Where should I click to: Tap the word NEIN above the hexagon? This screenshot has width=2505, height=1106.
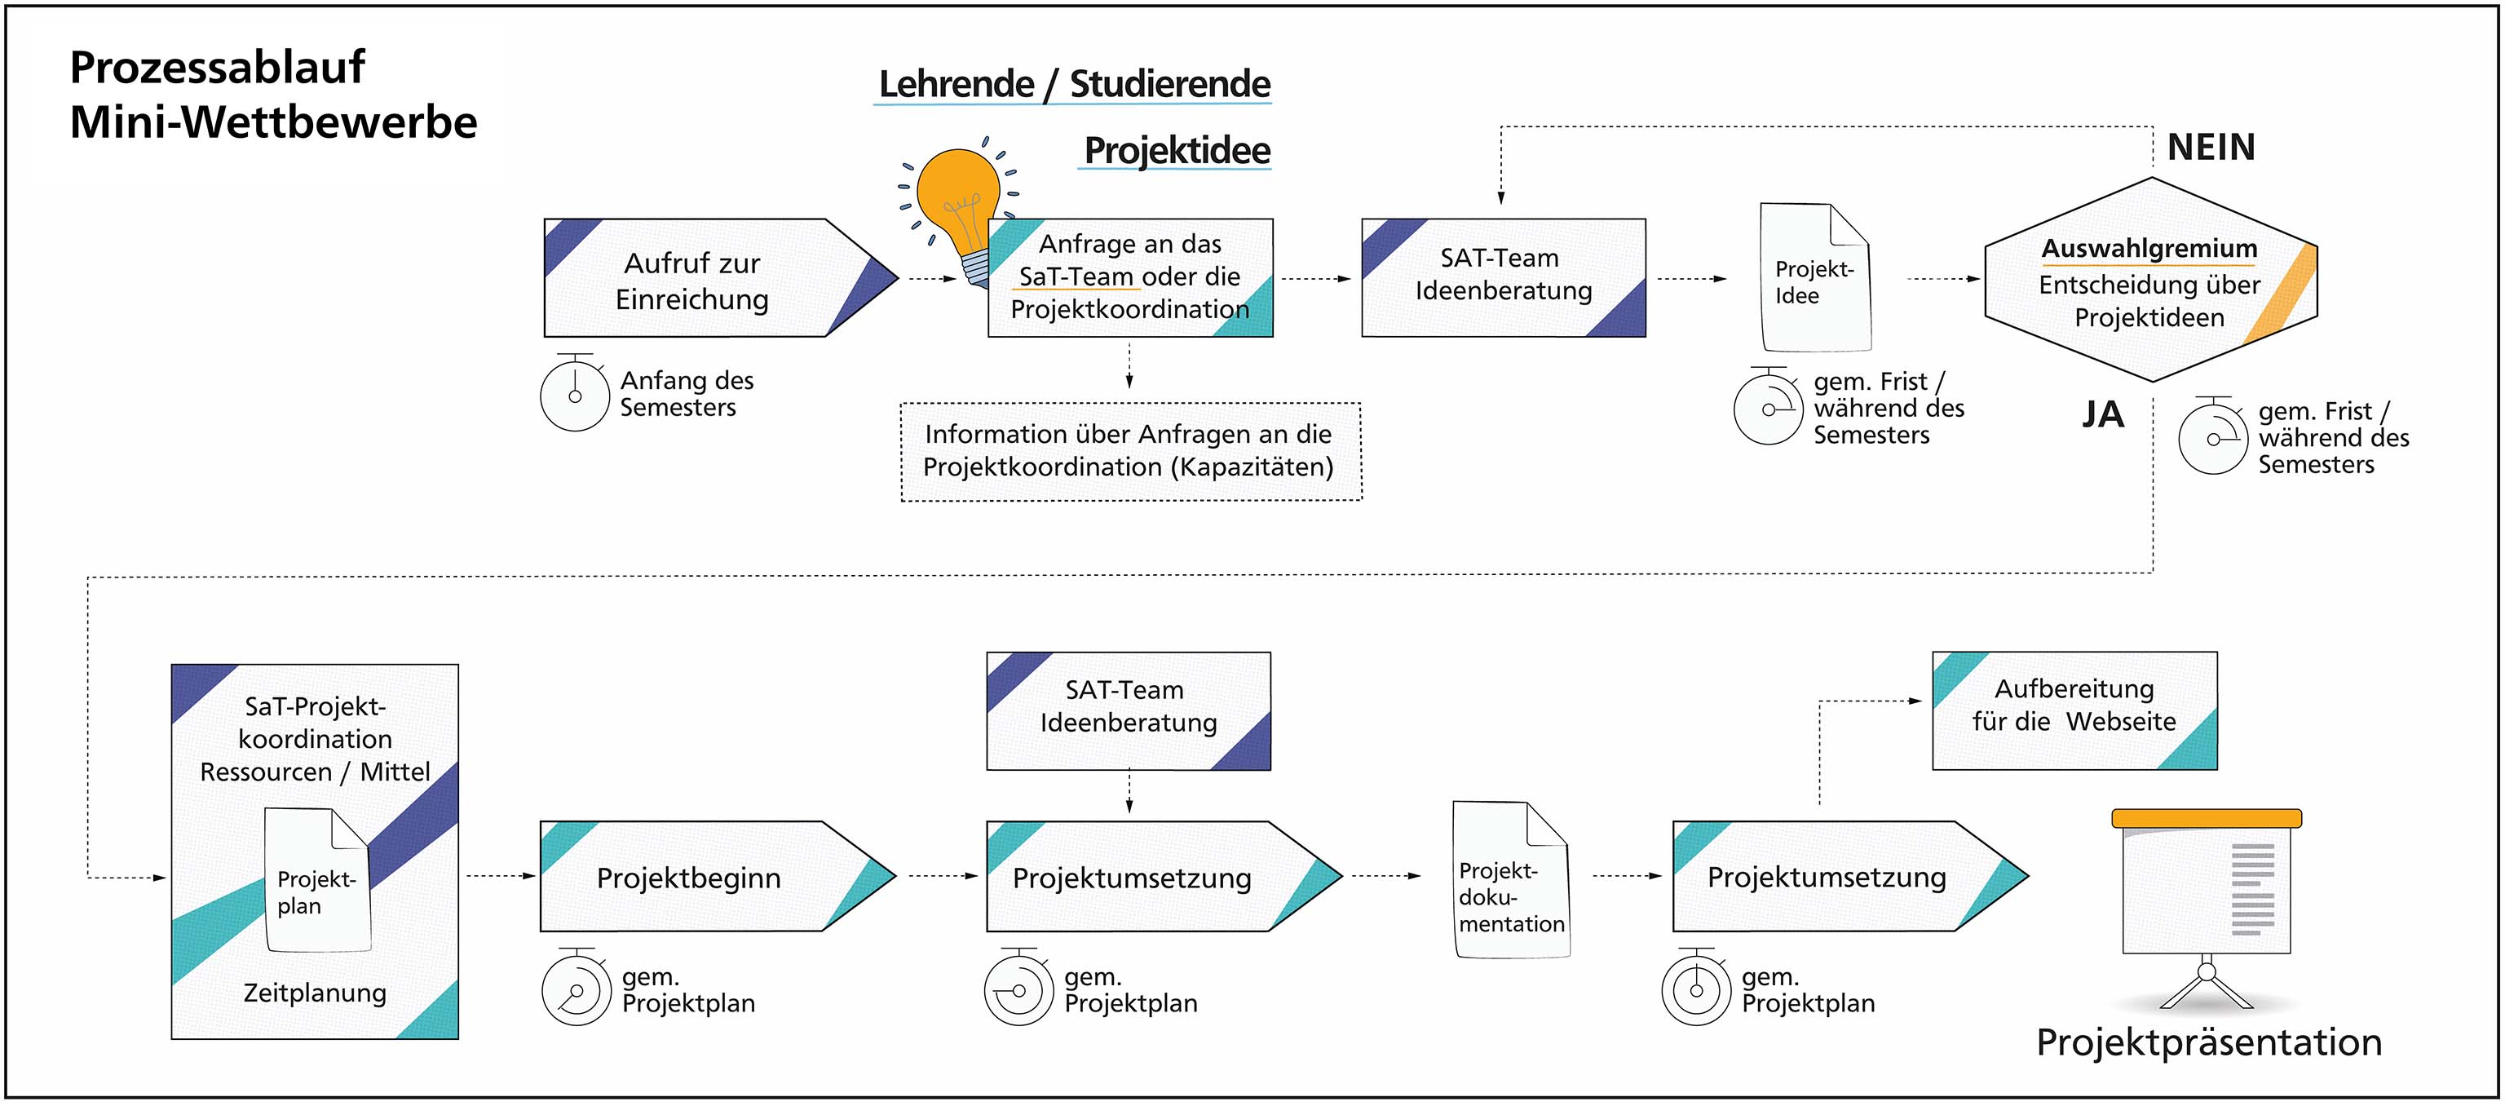pyautogui.click(x=2211, y=148)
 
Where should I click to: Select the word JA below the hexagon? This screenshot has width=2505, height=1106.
pyautogui.click(x=2102, y=415)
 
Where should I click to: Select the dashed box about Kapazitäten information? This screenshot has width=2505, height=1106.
pyautogui.click(x=1130, y=451)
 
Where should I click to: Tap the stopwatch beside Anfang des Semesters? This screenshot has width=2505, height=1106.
pyautogui.click(x=574, y=395)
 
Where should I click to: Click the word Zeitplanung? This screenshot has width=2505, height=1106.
pyautogui.click(x=314, y=993)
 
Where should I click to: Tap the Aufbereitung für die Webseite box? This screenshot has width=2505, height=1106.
pyautogui.click(x=2074, y=710)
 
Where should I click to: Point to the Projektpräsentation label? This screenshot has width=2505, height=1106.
pyautogui.click(x=2208, y=1042)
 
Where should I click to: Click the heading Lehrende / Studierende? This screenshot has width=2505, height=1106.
pyautogui.click(x=1074, y=85)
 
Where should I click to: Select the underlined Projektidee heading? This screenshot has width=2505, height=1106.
pyautogui.click(x=1177, y=151)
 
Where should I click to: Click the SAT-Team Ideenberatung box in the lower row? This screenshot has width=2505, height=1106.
pyautogui.click(x=1128, y=710)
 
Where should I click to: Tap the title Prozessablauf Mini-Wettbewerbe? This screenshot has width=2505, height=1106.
pyautogui.click(x=273, y=95)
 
